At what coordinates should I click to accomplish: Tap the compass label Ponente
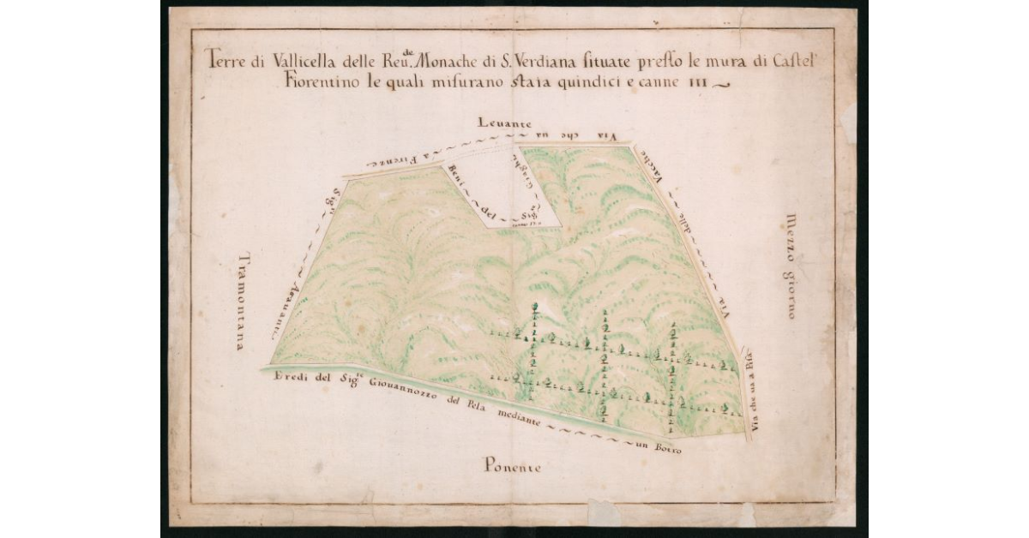coord(512,467)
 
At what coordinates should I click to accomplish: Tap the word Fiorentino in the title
coord(312,83)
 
